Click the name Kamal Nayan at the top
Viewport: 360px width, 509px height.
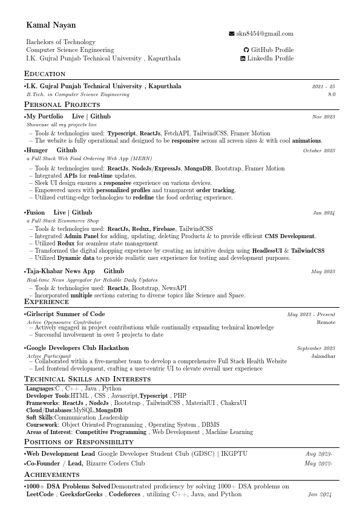click(x=48, y=25)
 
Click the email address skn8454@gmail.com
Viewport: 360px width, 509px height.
click(x=264, y=34)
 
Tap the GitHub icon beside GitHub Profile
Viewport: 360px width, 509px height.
click(x=246, y=50)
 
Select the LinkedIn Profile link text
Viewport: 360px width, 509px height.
click(x=271, y=59)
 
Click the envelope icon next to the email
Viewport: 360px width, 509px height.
click(x=231, y=34)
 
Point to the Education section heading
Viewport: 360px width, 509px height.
click(x=45, y=74)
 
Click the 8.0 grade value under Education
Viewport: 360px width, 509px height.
click(x=332, y=95)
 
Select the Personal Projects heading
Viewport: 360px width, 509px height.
click(x=62, y=105)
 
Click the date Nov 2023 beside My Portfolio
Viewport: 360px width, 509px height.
click(x=323, y=117)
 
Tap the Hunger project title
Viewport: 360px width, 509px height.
click(x=38, y=151)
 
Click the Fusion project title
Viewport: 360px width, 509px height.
click(x=36, y=213)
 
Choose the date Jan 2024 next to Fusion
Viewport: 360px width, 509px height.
click(x=324, y=213)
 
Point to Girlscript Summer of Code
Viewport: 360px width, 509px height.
click(x=65, y=314)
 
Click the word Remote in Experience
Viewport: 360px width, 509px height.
click(x=326, y=322)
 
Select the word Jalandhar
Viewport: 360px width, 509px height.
click(x=323, y=356)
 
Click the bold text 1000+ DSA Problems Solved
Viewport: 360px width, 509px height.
click(x=68, y=486)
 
